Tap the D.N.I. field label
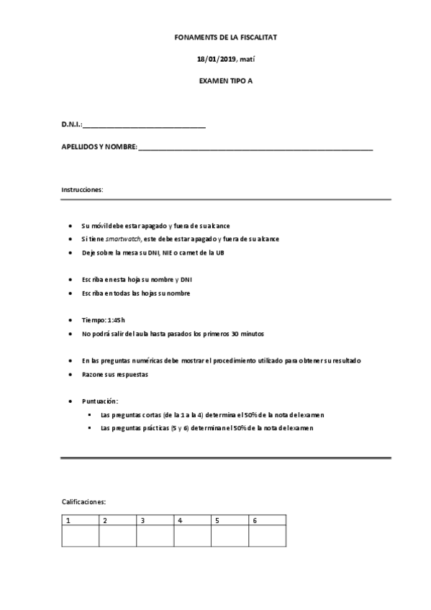tap(72, 126)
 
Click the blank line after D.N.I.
tap(145, 127)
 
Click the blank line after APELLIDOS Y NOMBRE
tap(255, 149)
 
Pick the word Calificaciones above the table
tap(84, 501)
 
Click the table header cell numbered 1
tap(81, 521)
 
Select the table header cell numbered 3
tap(155, 521)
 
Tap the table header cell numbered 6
tap(268, 521)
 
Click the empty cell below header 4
tap(193, 537)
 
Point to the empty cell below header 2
tap(118, 537)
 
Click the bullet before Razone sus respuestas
tap(70, 375)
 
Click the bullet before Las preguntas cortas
tap(89, 415)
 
